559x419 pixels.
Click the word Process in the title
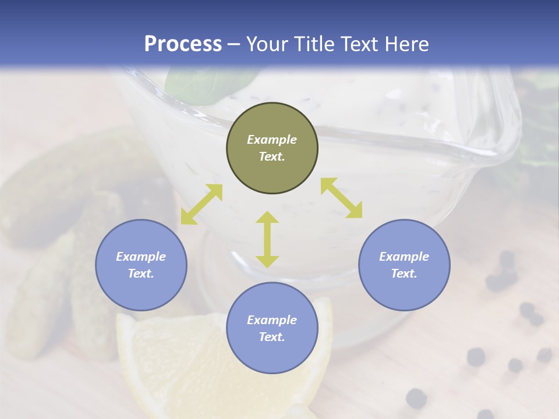click(183, 44)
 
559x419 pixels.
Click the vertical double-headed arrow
click(267, 239)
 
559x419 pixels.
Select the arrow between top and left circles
click(201, 204)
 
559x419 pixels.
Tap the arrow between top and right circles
click(341, 198)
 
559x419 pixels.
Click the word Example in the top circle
click(272, 140)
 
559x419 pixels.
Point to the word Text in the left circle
click(141, 274)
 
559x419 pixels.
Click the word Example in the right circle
click(404, 257)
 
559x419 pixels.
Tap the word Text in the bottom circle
click(272, 337)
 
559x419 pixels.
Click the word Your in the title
click(266, 44)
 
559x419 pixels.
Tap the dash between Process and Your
click(233, 45)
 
